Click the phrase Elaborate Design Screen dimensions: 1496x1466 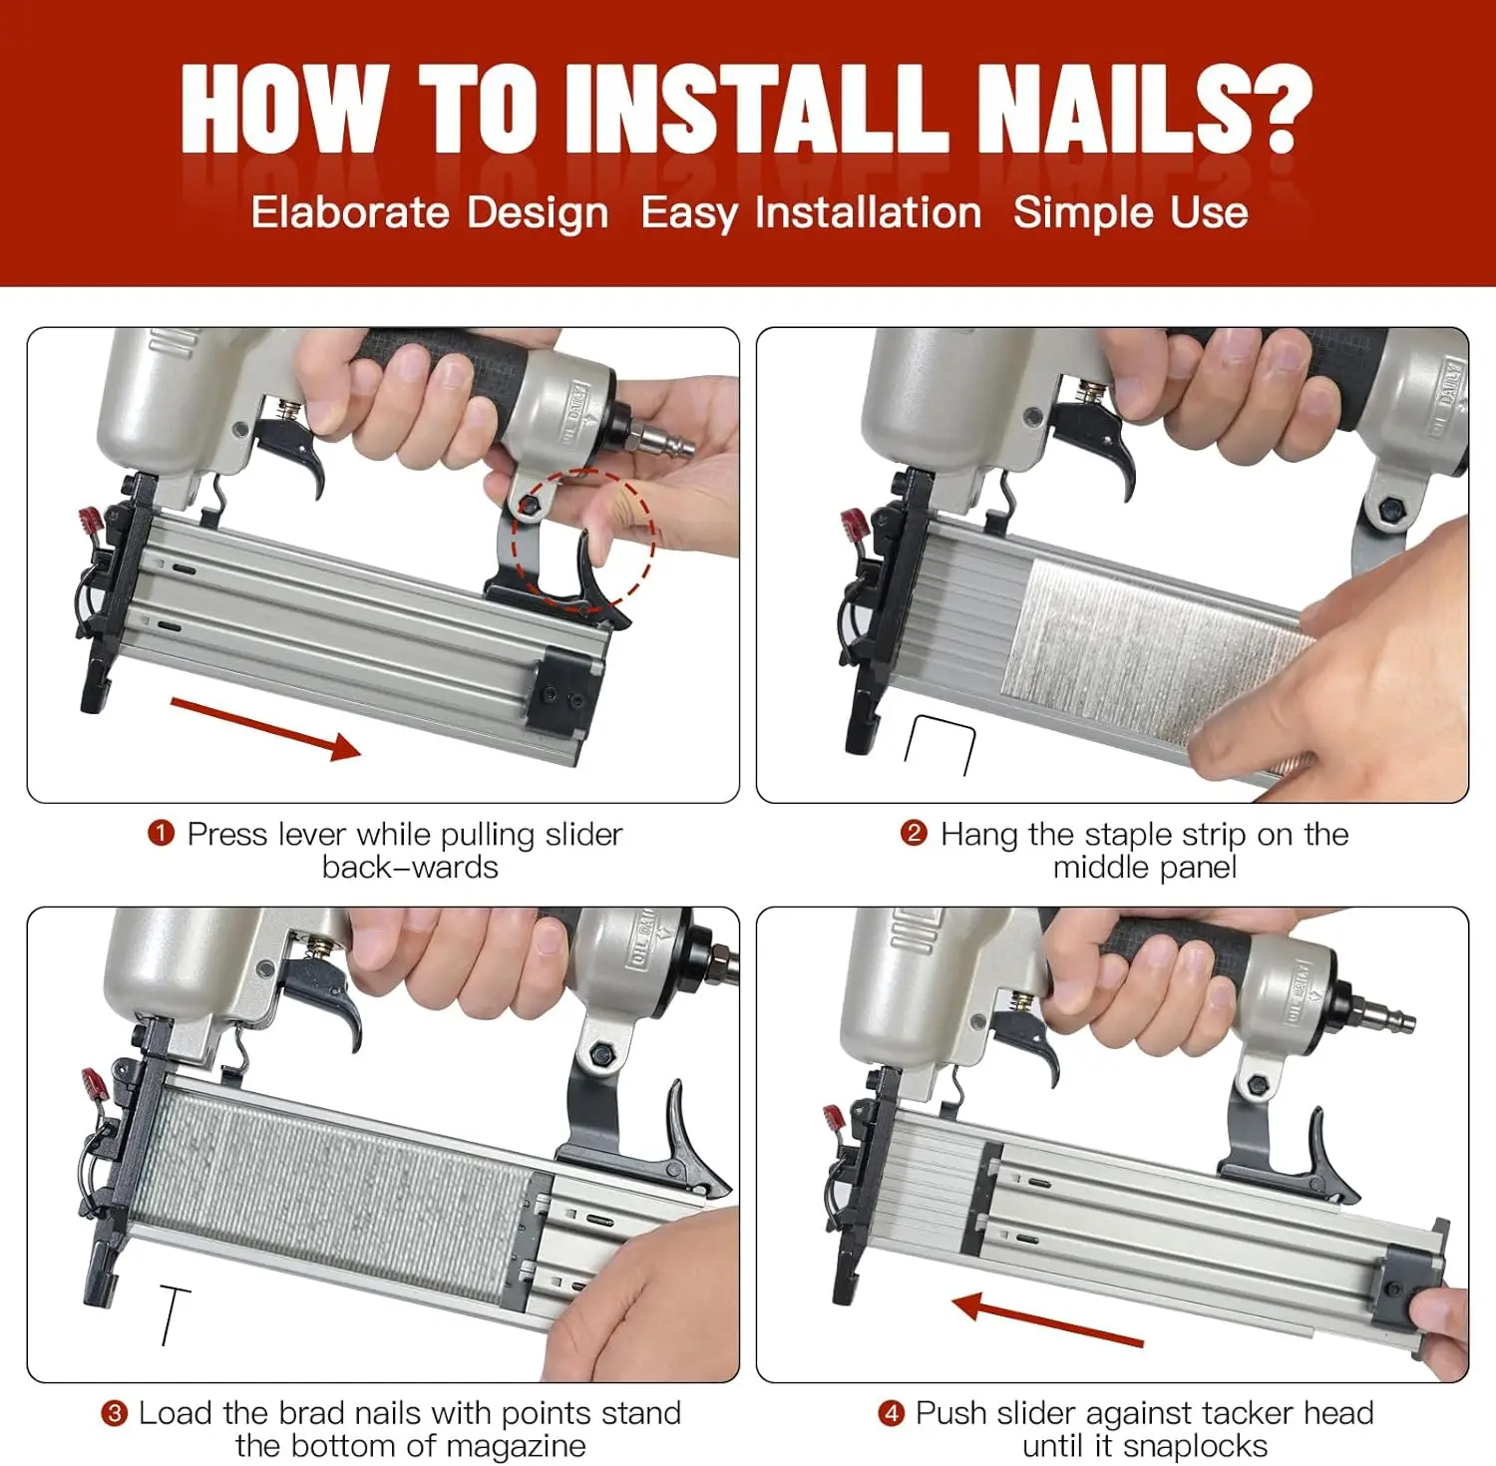pos(430,212)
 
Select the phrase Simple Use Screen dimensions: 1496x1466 pos(1131,212)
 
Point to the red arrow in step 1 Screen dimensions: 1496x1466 pos(265,729)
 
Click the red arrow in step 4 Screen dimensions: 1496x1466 pos(1047,1319)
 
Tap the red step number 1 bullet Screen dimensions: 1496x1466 pos(161,833)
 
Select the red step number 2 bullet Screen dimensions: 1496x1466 pos(914,833)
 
